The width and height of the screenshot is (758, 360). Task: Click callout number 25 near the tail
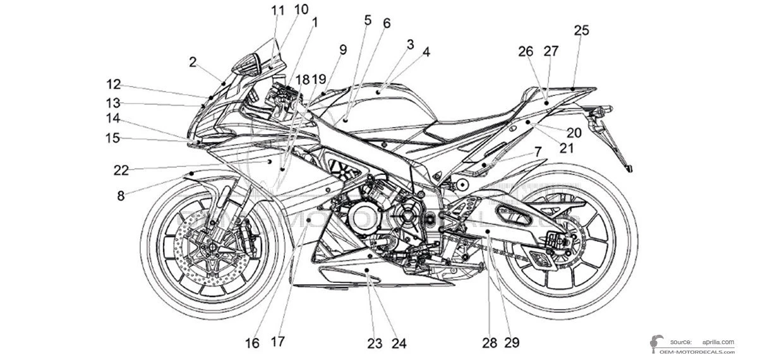point(581,30)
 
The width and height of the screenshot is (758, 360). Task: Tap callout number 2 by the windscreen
point(193,62)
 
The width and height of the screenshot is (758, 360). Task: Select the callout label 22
point(121,170)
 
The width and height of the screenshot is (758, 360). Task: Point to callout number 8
point(121,196)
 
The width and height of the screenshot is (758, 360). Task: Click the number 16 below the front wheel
point(252,343)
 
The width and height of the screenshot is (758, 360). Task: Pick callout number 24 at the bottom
point(398,343)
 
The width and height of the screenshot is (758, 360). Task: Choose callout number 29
point(512,343)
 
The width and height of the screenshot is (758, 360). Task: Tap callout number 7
point(538,152)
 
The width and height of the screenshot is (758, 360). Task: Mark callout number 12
point(113,84)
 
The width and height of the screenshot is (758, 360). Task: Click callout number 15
point(113,138)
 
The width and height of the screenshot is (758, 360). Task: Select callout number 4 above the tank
point(426,52)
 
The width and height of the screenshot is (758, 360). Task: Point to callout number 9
point(343,49)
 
